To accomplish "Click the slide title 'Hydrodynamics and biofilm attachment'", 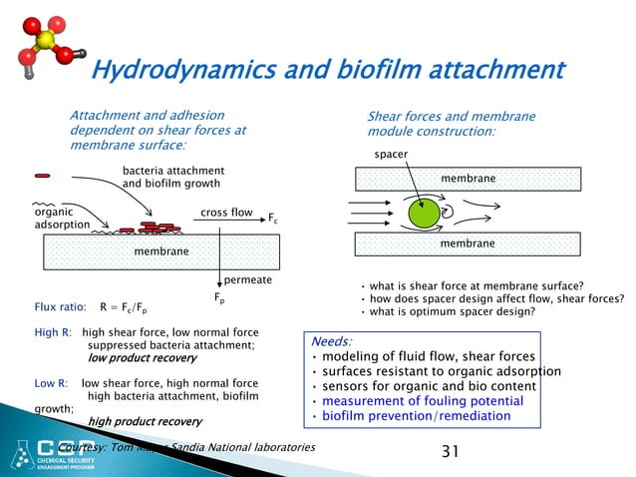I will coord(328,70).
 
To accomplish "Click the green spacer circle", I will coord(423,213).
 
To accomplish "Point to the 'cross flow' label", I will coord(227,213).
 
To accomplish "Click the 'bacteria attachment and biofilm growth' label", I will coord(172,178).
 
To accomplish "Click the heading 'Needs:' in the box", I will coord(330,341).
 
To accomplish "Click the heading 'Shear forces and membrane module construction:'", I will coord(451,124).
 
